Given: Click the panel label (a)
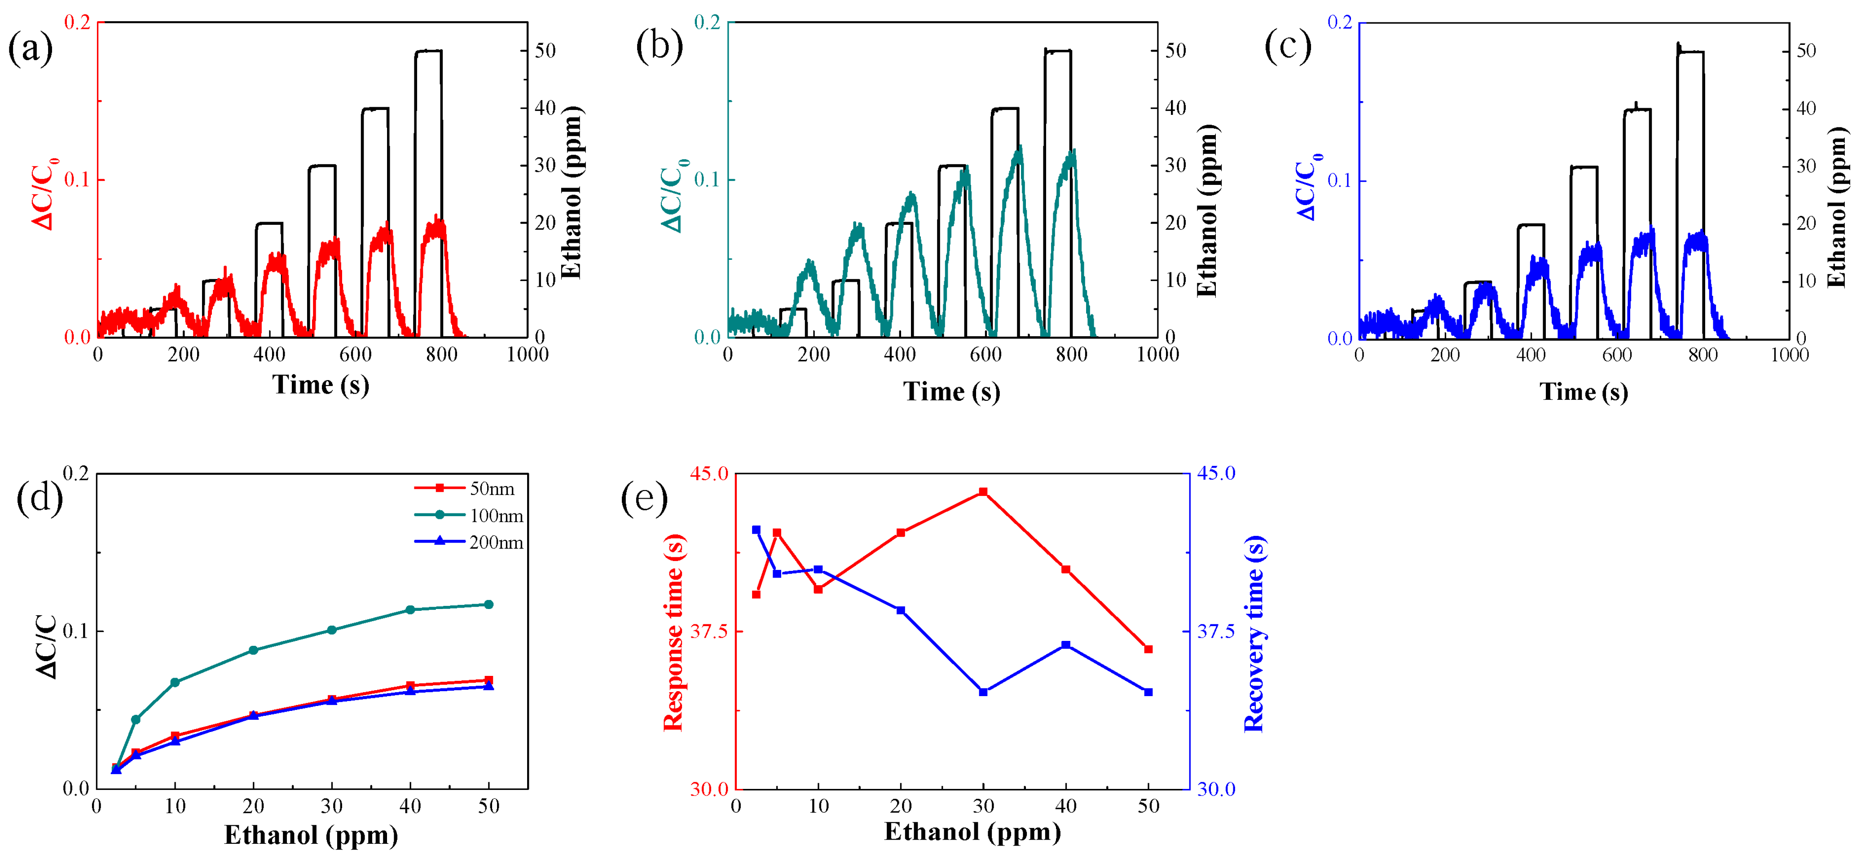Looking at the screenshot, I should pyautogui.click(x=31, y=49).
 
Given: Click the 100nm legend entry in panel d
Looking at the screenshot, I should pyautogui.click(x=468, y=516).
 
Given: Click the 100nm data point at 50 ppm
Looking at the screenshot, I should pyautogui.click(x=488, y=605).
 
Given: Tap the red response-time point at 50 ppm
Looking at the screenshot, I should pyautogui.click(x=1148, y=649).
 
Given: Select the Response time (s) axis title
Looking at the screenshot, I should pyautogui.click(x=673, y=634).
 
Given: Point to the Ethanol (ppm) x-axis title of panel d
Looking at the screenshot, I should pyautogui.click(x=312, y=835).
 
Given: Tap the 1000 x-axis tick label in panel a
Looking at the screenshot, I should pyautogui.click(x=528, y=355).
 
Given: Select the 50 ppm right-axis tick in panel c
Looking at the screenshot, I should pyautogui.click(x=1806, y=51).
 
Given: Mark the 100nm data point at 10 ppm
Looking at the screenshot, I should pyautogui.click(x=175, y=682).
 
